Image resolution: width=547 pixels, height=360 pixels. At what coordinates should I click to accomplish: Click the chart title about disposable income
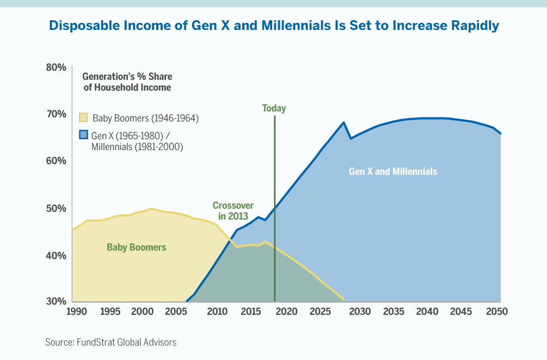(274, 26)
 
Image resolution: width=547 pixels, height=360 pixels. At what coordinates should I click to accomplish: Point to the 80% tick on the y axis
(56, 67)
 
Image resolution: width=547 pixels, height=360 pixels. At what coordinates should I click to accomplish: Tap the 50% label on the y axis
(56, 209)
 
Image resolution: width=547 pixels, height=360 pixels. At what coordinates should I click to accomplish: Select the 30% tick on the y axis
(56, 301)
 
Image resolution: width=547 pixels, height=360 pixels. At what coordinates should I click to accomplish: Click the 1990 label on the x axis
(76, 312)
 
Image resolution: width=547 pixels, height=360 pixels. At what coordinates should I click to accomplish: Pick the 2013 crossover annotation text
(233, 210)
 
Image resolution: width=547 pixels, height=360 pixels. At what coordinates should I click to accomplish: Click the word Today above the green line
(274, 108)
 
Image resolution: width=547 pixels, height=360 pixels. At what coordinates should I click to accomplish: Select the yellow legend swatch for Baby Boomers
(83, 118)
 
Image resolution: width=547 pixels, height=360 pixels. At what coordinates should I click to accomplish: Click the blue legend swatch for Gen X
(83, 134)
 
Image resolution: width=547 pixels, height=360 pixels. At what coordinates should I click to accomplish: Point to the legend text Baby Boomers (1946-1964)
(145, 118)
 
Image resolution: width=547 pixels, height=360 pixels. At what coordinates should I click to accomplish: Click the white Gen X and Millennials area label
(392, 171)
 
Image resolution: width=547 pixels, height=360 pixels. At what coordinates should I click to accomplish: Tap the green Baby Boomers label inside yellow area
(136, 247)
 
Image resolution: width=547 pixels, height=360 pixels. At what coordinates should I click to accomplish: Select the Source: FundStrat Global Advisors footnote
(111, 342)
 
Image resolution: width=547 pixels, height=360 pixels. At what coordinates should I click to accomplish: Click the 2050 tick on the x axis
(497, 312)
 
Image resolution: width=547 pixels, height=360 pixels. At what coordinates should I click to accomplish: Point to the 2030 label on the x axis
(360, 312)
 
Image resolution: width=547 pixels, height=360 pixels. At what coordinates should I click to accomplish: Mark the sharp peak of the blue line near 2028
(343, 122)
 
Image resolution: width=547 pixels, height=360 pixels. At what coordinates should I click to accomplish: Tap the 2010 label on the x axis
(217, 312)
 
